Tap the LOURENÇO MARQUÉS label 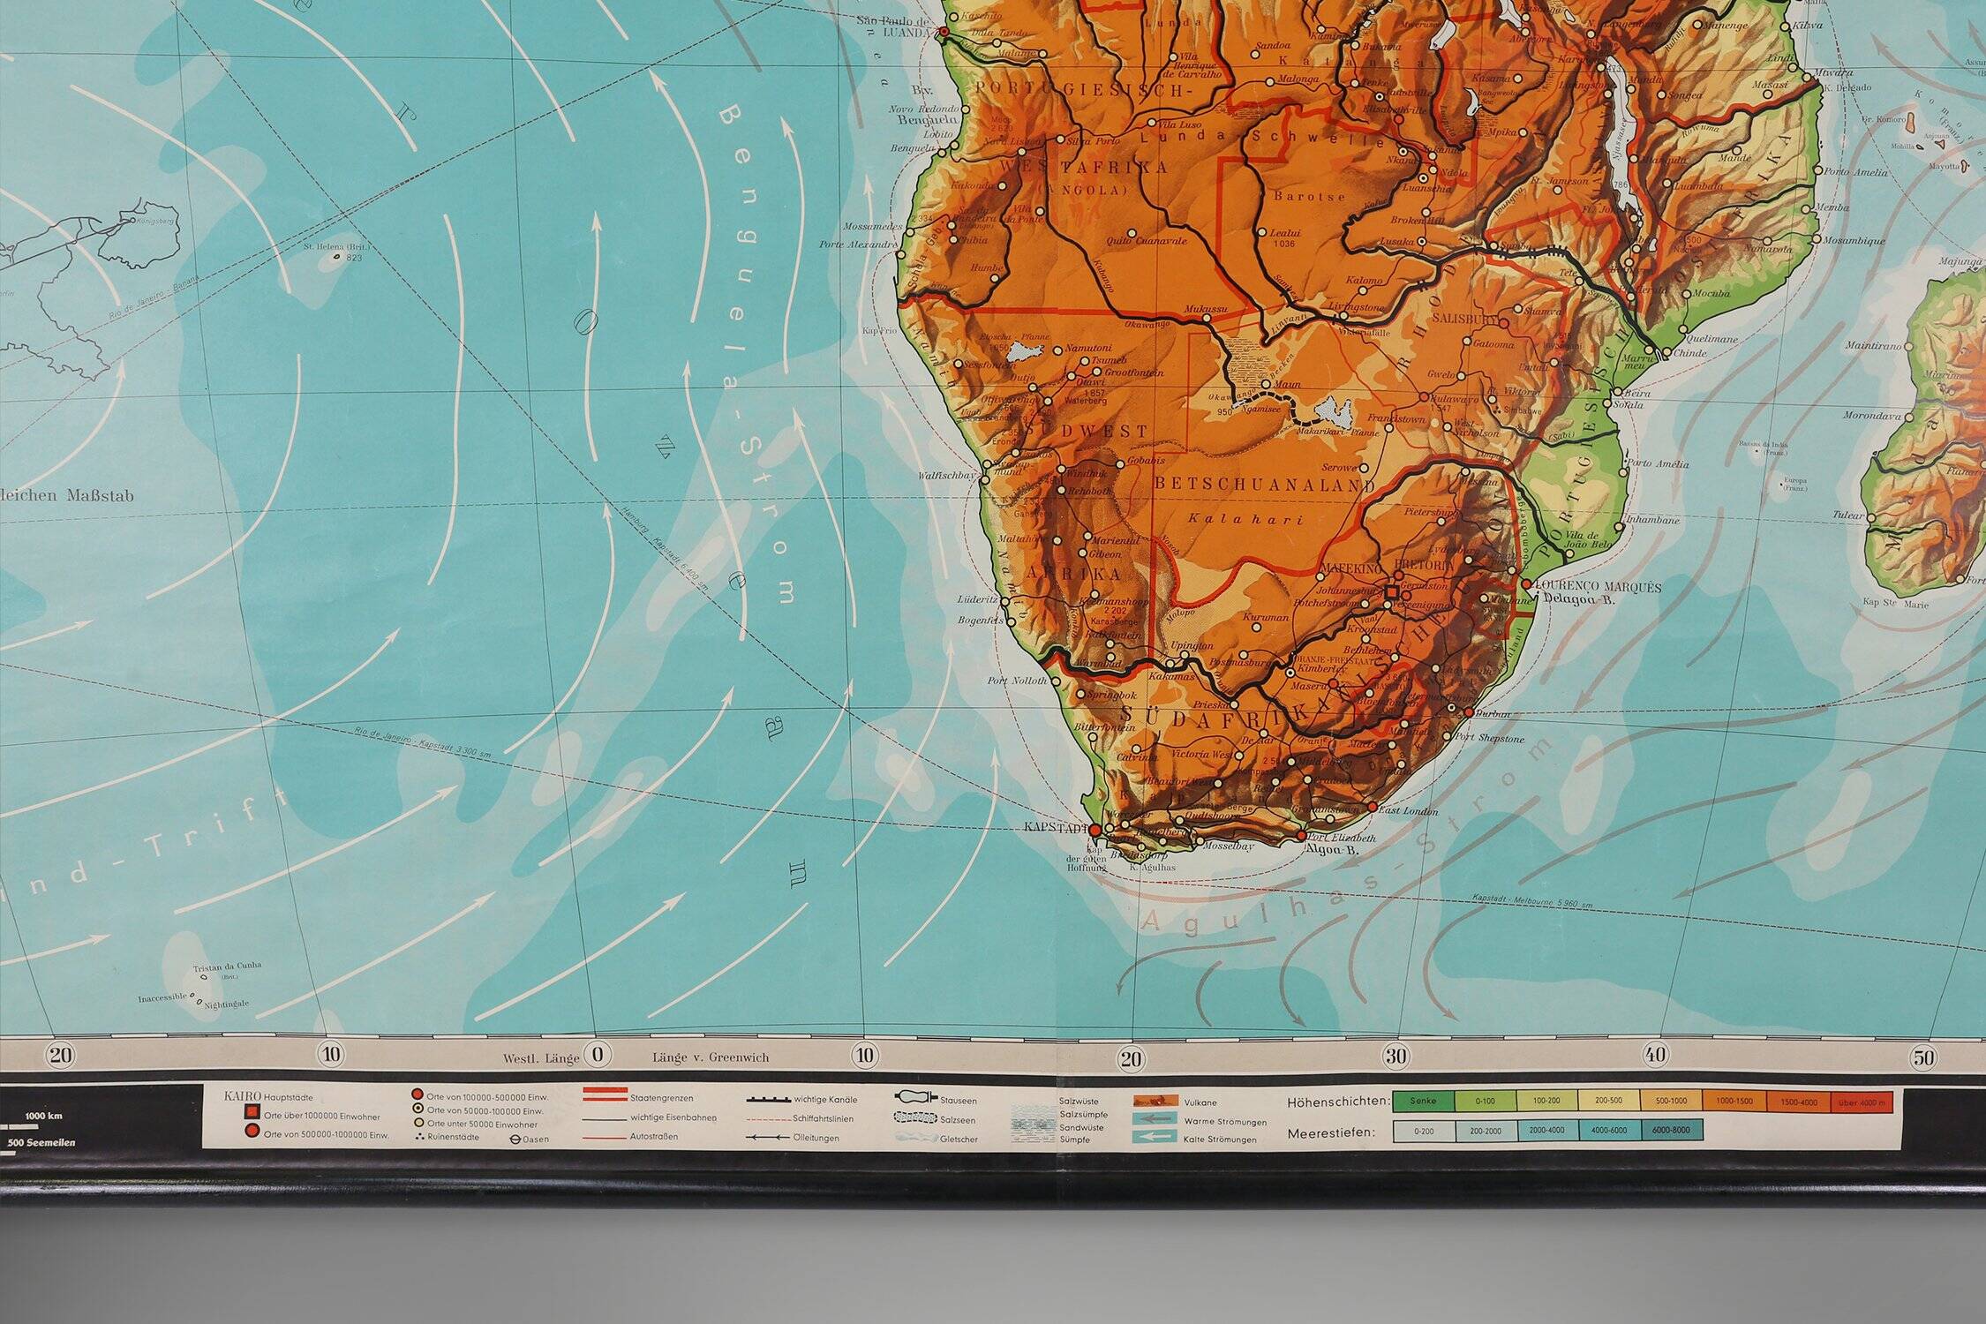[x=1599, y=587]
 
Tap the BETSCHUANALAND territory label [x=1264, y=485]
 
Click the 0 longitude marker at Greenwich [x=598, y=1055]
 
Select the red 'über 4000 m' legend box [x=1865, y=1102]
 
